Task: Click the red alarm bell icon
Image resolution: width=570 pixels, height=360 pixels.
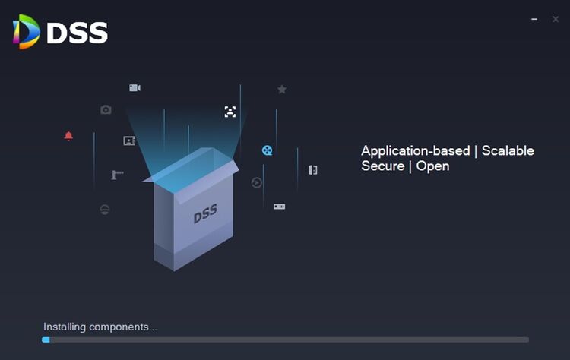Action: point(68,136)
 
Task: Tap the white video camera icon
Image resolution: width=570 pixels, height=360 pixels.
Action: point(135,88)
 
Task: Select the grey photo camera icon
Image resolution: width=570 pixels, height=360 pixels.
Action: point(106,110)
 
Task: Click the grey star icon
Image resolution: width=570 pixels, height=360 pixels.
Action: point(282,90)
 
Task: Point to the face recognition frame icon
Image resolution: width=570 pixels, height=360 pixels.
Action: point(230,112)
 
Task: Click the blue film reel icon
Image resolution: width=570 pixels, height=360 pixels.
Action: point(268,150)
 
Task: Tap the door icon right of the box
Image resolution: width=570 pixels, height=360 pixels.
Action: point(312,170)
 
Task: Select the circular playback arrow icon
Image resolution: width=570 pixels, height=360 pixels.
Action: point(257,182)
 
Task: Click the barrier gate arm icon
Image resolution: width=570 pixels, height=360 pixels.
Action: point(117,175)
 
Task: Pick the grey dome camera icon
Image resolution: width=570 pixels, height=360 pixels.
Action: point(105,209)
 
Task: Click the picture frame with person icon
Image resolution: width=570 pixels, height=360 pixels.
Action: point(129,141)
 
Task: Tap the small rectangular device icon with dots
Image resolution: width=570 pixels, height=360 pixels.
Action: point(279,207)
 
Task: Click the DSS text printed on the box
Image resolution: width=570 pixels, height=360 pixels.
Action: point(205,215)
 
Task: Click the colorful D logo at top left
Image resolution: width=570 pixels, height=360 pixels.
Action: point(27,32)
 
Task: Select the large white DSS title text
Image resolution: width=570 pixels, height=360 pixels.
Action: point(77,33)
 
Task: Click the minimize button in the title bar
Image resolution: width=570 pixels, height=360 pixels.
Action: point(534,19)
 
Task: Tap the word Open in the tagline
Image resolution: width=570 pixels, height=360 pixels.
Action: point(432,166)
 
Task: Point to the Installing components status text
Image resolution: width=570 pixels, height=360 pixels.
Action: point(100,327)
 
